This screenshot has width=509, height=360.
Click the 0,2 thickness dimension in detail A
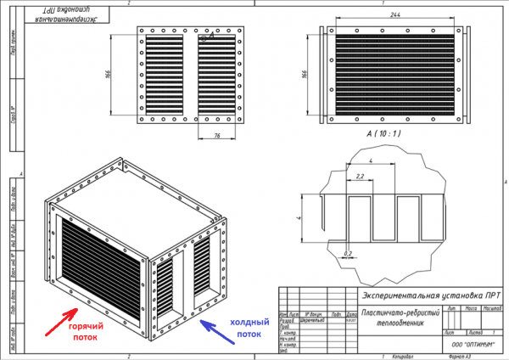349,252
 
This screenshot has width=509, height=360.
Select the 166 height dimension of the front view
109,75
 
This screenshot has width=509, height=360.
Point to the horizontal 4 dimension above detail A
372,160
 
